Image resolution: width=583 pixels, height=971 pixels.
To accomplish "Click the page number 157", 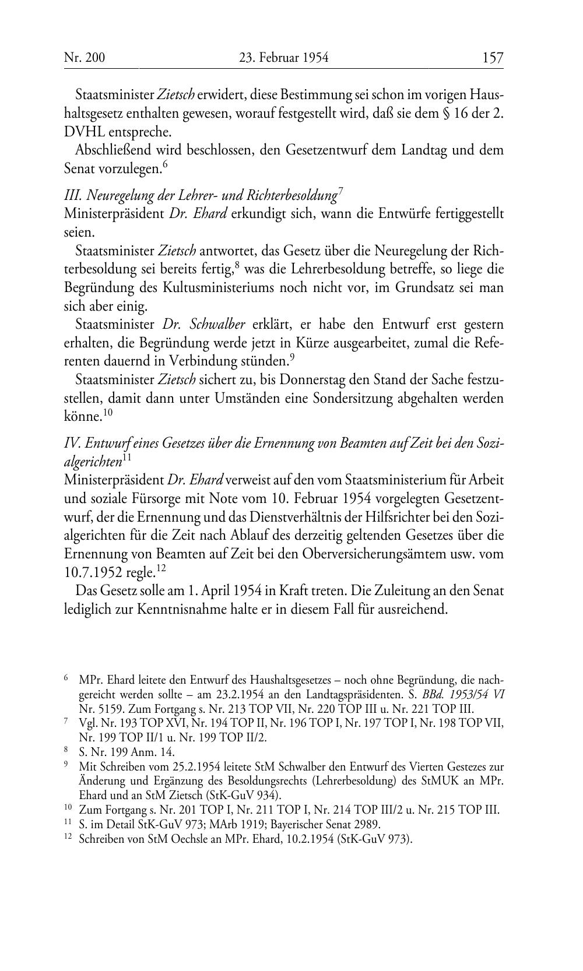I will [492, 58].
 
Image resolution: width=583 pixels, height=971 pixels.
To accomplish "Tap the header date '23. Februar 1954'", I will [284, 58].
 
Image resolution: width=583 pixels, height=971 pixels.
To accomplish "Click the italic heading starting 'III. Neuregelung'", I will [201, 195].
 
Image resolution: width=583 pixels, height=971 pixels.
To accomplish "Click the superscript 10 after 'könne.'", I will [108, 413].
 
